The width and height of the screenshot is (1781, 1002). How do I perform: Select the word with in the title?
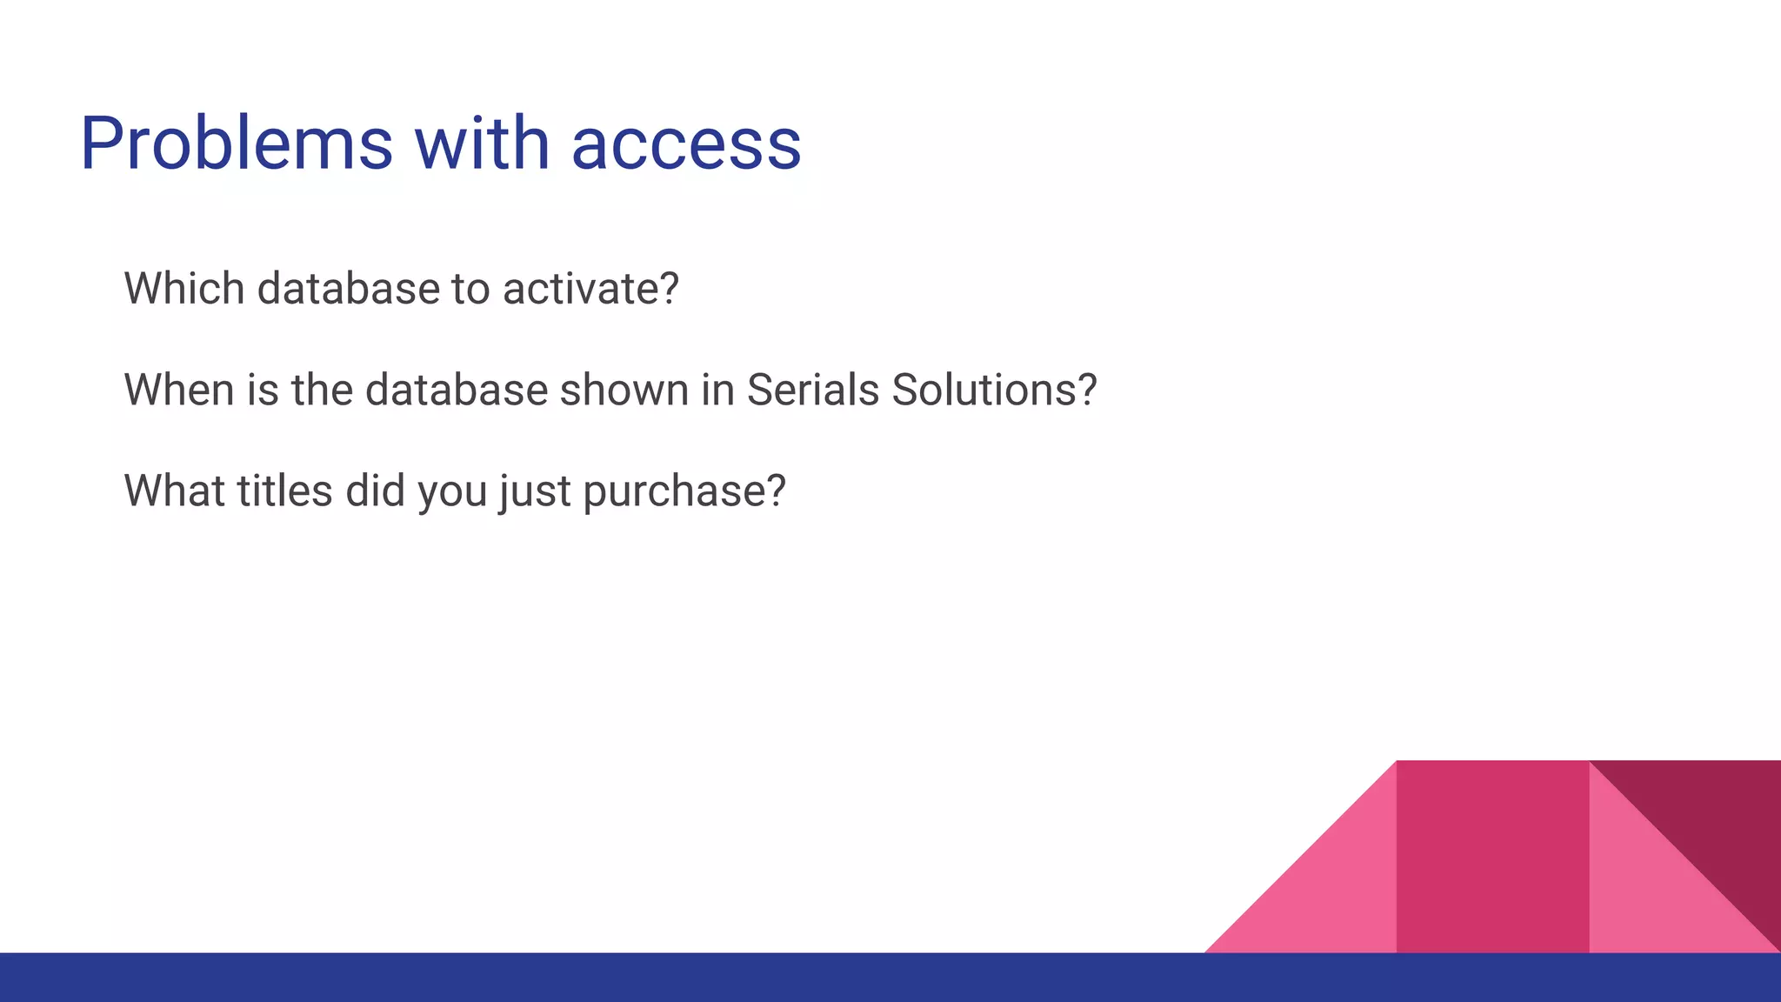(x=482, y=144)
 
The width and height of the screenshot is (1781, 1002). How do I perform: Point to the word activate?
(x=590, y=289)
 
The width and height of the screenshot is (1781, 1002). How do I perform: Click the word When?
(x=179, y=390)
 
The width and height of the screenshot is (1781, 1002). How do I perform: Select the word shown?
(x=624, y=390)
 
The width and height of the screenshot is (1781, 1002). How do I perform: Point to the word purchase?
(x=684, y=492)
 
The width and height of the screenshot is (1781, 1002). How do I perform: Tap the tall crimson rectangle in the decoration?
(x=1492, y=857)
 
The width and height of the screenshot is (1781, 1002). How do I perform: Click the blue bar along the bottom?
(x=890, y=978)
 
